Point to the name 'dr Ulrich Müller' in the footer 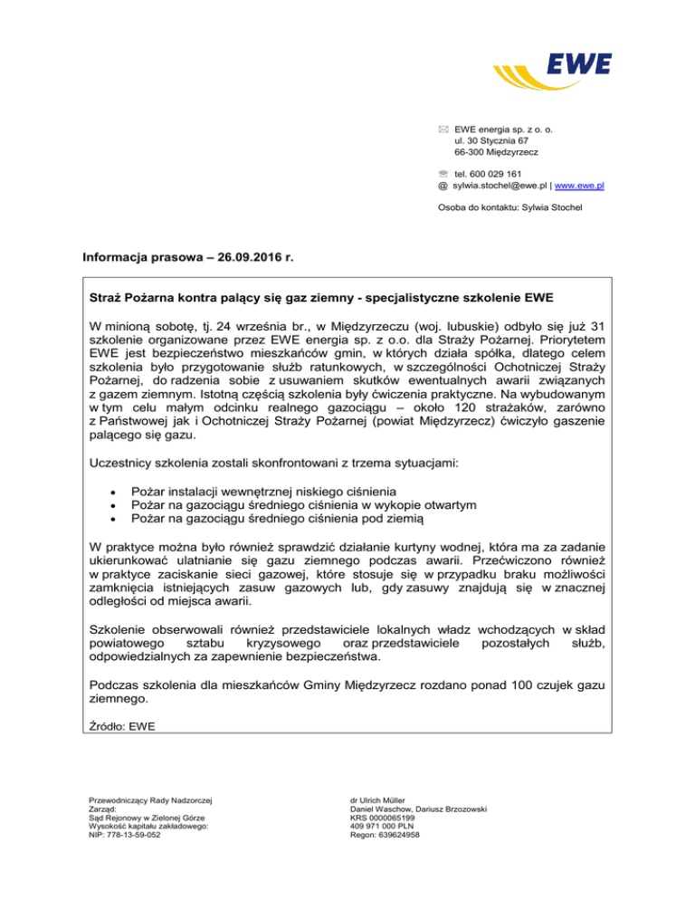382,799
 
